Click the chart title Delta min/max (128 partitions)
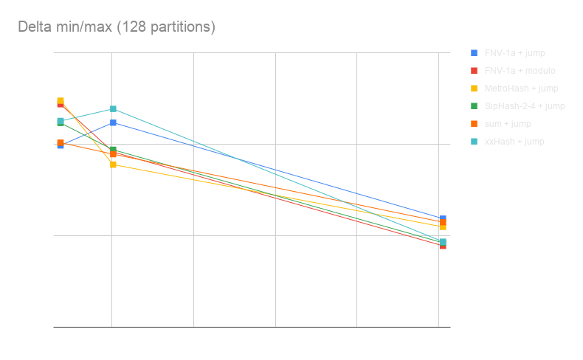pyautogui.click(x=117, y=27)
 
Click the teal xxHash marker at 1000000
pyautogui.click(x=114, y=109)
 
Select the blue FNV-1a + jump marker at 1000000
pyautogui.click(x=114, y=122)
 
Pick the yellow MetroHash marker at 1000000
pyautogui.click(x=114, y=165)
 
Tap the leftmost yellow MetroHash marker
pyautogui.click(x=61, y=101)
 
